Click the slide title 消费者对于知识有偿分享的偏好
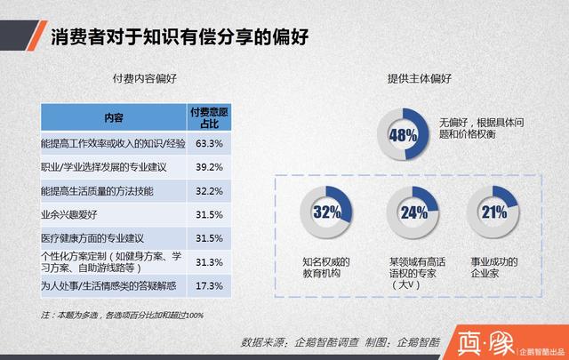pos(179,36)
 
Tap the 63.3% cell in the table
pos(207,142)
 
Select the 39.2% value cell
pos(207,166)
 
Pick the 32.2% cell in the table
pos(207,190)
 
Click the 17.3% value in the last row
pos(207,285)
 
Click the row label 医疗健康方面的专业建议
pos(92,238)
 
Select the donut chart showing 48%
pos(403,136)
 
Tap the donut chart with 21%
pos(493,212)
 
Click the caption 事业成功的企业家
pos(493,268)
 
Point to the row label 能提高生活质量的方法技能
pos(97,190)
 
